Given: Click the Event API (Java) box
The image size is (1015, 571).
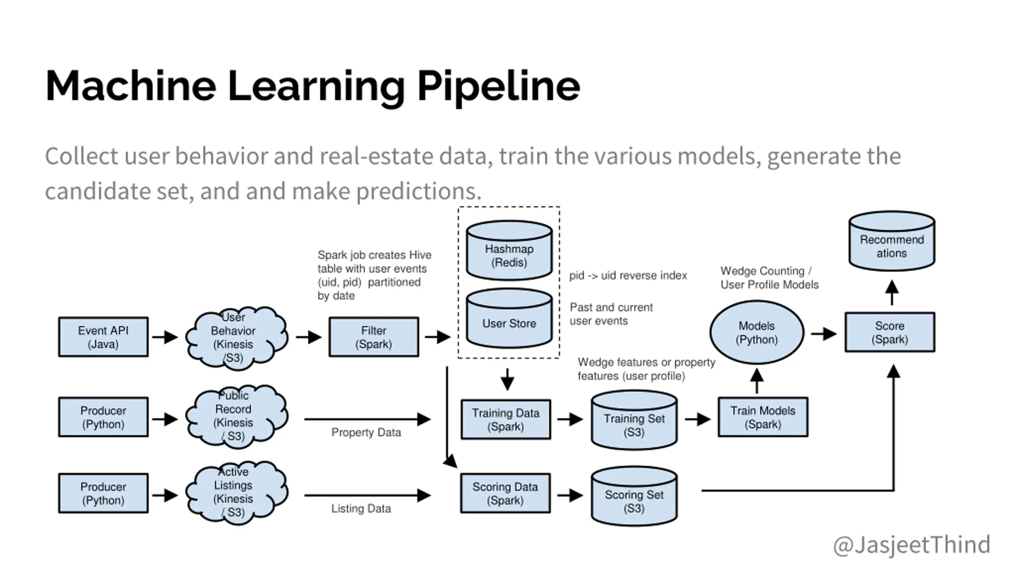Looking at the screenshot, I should coord(103,337).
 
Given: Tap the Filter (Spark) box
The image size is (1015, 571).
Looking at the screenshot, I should coord(373,337).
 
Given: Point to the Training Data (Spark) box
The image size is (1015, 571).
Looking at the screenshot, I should coord(506,420).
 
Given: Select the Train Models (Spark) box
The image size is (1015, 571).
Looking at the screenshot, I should coord(763,417).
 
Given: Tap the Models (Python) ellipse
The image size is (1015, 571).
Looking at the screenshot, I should coord(756,332).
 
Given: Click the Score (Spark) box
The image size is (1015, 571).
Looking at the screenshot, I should coord(890,332).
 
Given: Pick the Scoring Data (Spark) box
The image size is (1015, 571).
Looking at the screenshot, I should coord(505,493).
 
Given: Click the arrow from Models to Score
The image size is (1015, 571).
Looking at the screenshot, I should coord(824,334).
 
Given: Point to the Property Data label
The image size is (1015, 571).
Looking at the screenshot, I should coord(366,432).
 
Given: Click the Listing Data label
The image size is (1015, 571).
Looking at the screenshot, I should coord(361,508).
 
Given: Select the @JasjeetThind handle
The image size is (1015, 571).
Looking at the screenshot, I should coord(912,545).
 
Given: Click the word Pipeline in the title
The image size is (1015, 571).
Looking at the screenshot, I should coord(498,86).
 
